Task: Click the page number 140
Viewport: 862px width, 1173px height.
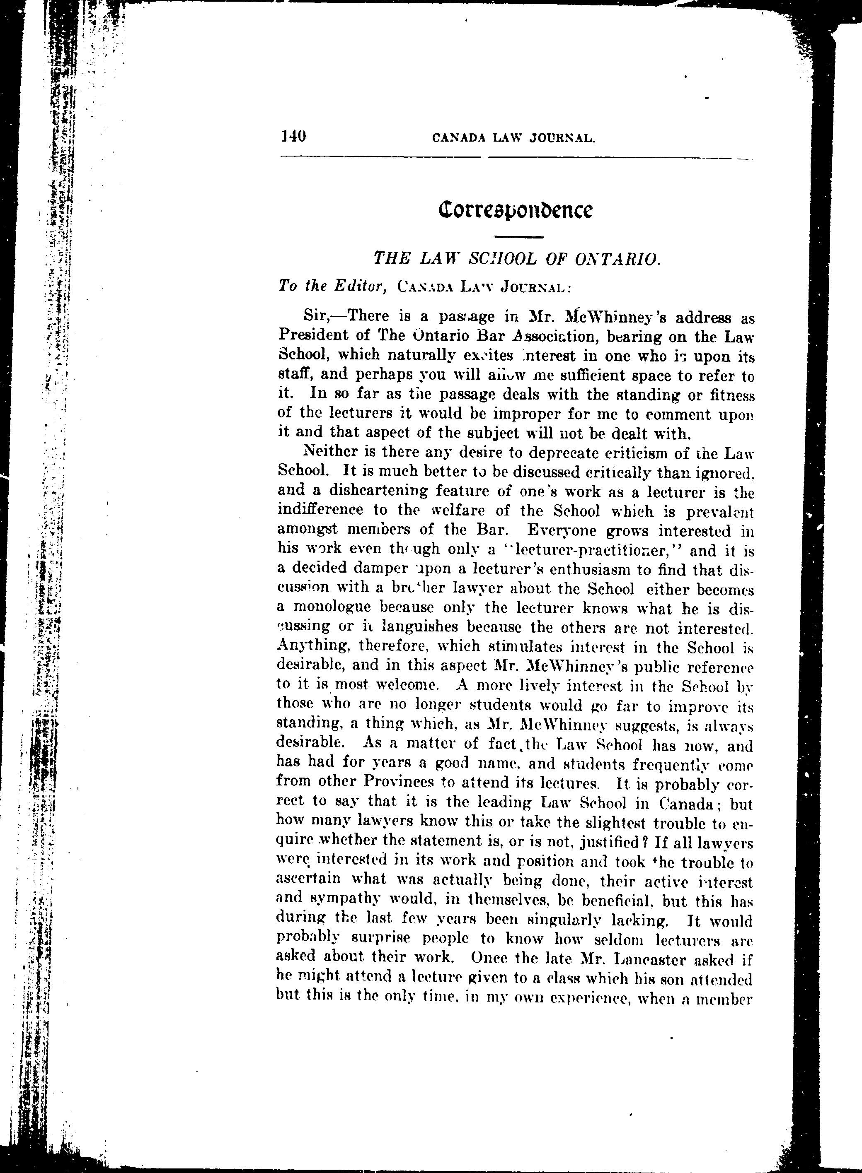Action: click(x=293, y=137)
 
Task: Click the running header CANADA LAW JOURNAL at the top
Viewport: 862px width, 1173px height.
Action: click(x=514, y=138)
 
